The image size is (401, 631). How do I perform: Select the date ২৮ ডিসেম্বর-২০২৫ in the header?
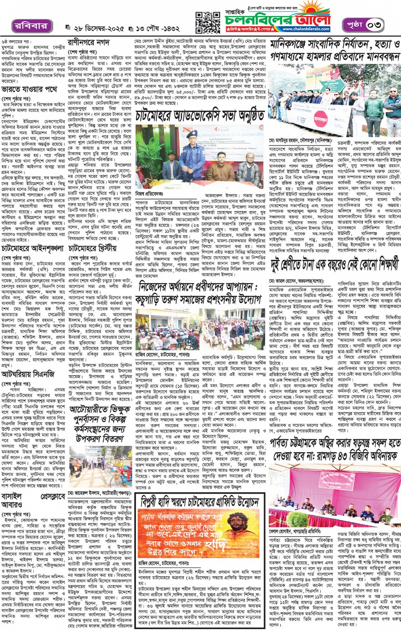point(99,28)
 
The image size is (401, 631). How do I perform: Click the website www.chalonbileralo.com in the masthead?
point(306,29)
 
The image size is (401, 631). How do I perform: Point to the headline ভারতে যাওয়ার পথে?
point(29,90)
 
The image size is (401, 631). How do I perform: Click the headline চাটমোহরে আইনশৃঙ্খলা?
point(33,249)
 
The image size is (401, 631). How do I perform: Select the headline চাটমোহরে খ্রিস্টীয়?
point(92,249)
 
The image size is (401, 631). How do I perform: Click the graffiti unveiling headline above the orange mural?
point(199,502)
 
